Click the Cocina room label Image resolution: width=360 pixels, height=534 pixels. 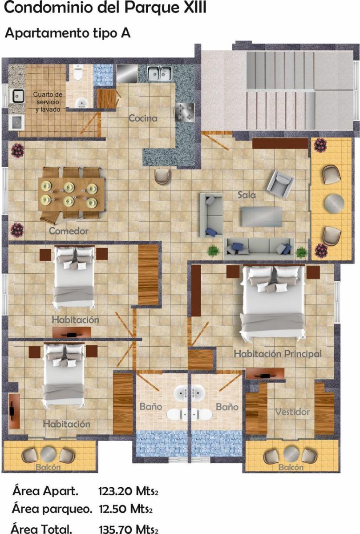point(143,118)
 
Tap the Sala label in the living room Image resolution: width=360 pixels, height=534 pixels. point(247,195)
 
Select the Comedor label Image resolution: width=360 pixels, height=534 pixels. point(69,231)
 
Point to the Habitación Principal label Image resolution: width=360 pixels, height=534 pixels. point(278,353)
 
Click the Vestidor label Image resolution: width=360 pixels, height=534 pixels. point(292,412)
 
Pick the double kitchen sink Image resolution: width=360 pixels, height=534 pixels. point(159,73)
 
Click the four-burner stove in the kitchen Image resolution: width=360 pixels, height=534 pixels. point(184,112)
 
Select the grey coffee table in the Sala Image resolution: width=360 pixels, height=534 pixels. point(262,216)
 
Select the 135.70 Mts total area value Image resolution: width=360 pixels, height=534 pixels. point(128,529)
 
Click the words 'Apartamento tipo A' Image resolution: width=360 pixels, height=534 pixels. point(68,33)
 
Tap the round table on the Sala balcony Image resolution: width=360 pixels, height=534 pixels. point(334,203)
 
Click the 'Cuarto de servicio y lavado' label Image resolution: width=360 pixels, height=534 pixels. point(48,102)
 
